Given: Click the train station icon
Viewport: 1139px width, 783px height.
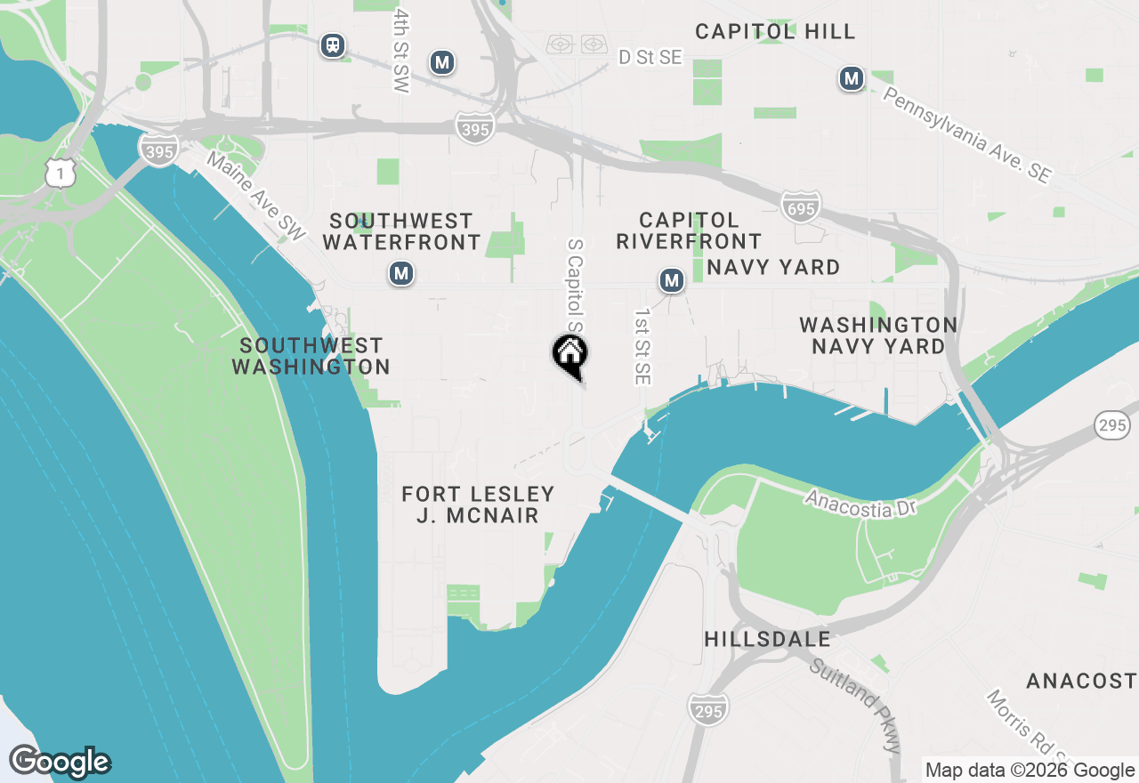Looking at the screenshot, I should [333, 44].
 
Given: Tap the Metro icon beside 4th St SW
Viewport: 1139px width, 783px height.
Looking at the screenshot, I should [441, 62].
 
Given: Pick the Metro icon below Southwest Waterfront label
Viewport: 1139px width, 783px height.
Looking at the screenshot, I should [401, 273].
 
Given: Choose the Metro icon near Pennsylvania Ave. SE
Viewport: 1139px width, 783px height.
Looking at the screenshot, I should [852, 79].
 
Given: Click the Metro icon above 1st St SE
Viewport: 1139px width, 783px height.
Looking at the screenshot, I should [672, 282].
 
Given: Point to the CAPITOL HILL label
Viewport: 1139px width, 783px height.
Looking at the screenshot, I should [775, 32].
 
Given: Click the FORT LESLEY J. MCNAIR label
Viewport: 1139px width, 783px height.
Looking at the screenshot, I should [478, 505].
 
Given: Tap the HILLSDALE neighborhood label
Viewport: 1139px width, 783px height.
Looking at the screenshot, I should [767, 639].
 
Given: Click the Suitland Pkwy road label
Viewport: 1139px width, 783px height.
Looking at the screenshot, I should [855, 704].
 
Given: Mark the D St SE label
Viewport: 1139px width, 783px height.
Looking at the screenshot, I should [650, 58].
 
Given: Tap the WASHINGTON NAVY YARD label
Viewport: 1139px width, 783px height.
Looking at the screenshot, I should [878, 335].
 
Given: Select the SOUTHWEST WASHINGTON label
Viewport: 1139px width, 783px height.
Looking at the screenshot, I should [311, 356].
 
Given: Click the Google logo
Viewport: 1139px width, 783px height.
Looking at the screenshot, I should [60, 762].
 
